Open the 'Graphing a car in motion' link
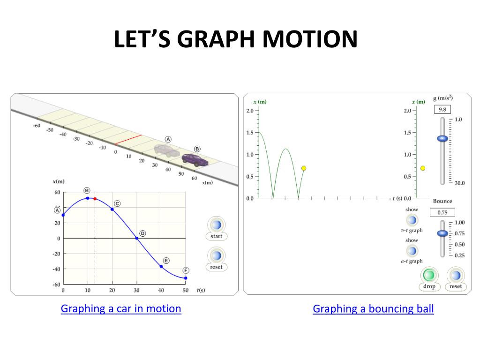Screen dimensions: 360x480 pyautogui.click(x=121, y=308)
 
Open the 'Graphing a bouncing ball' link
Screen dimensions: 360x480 pyautogui.click(x=373, y=308)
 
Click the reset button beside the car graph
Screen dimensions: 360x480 pyautogui.click(x=216, y=256)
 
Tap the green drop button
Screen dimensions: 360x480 pyautogui.click(x=429, y=275)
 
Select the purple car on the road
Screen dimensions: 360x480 pyautogui.click(x=195, y=159)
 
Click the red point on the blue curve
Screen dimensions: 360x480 pyautogui.click(x=95, y=199)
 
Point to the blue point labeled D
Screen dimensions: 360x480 pyautogui.click(x=137, y=238)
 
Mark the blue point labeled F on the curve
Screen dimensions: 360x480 pyautogui.click(x=186, y=278)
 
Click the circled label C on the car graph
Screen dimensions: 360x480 pyautogui.click(x=117, y=203)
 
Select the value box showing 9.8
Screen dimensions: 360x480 pyautogui.click(x=442, y=109)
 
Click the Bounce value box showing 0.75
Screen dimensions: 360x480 pyautogui.click(x=442, y=212)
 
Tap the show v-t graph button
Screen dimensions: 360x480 pyautogui.click(x=412, y=220)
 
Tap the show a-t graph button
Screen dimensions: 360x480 pyautogui.click(x=412, y=251)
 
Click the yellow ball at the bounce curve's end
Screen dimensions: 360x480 pyautogui.click(x=304, y=168)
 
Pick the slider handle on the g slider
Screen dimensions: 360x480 pyautogui.click(x=442, y=138)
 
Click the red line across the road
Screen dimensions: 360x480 pyautogui.click(x=128, y=140)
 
